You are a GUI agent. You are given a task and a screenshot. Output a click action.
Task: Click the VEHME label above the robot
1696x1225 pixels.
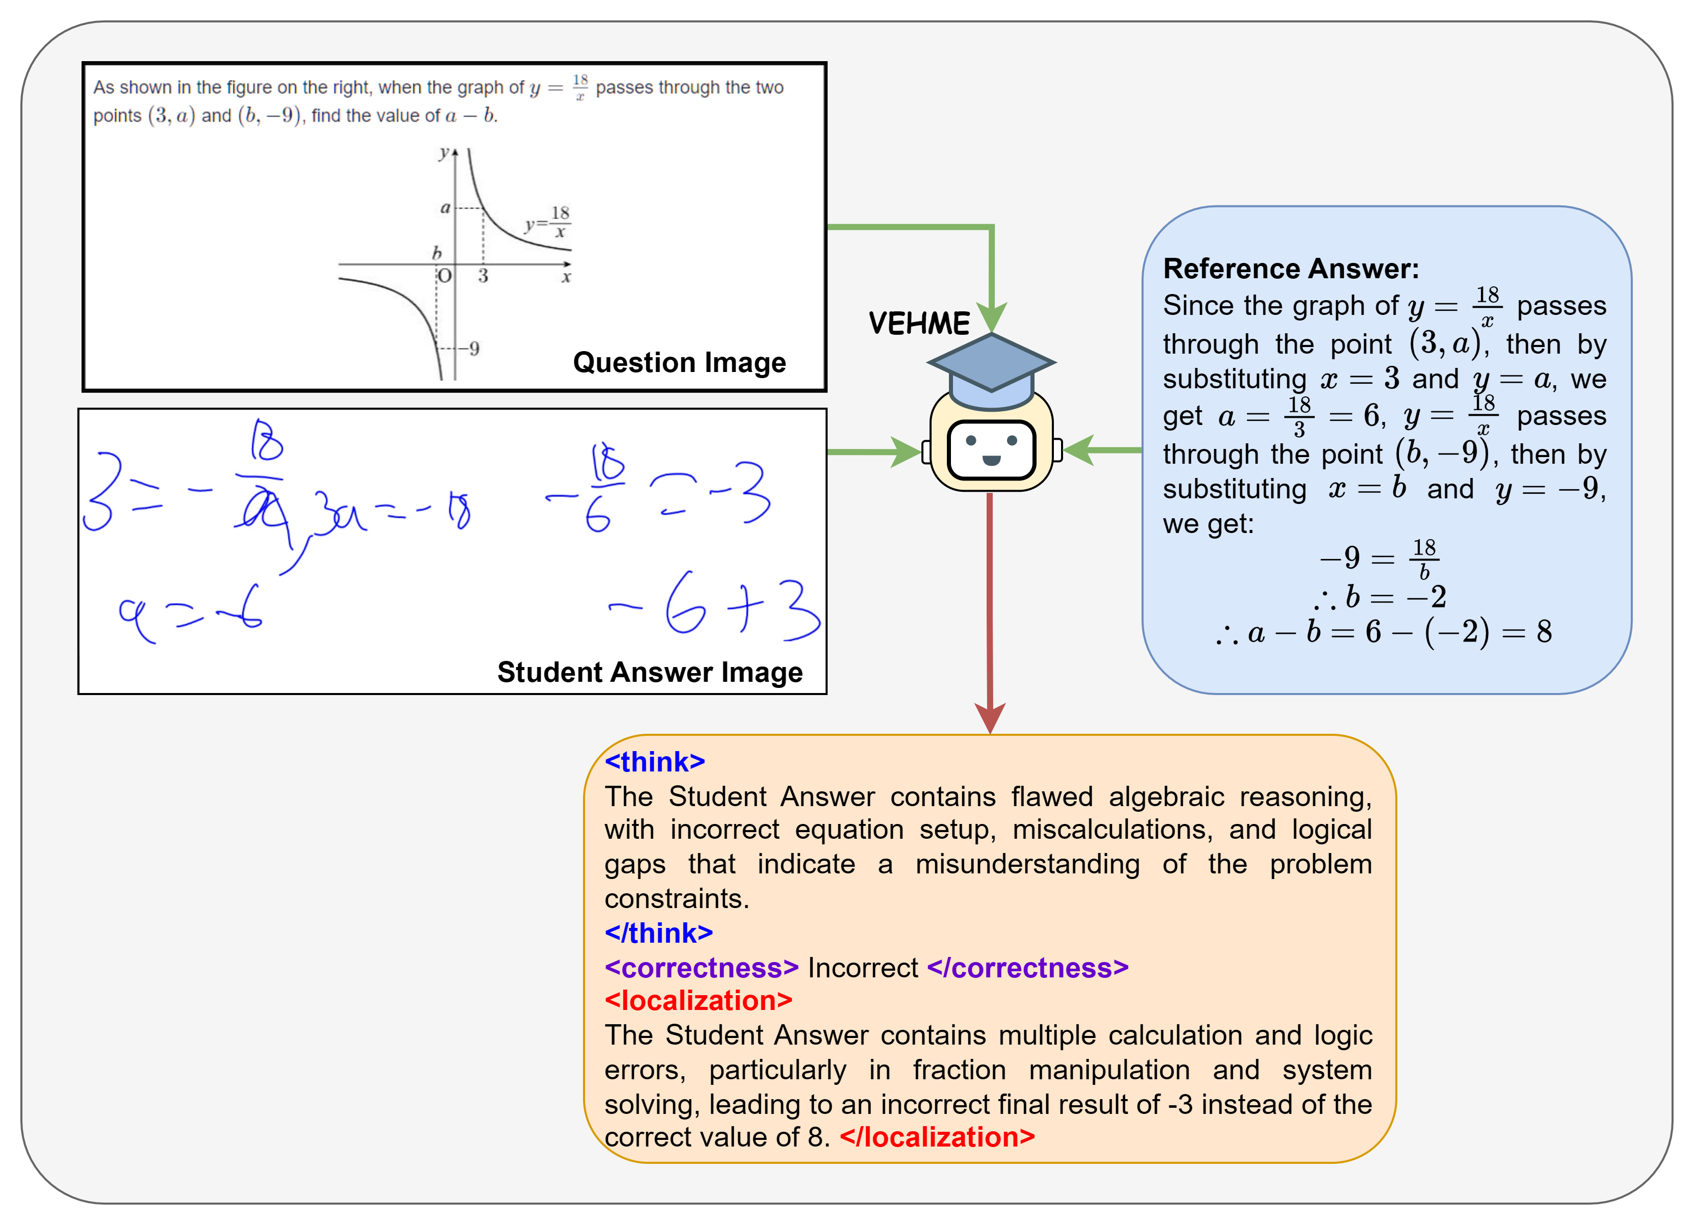[x=918, y=323]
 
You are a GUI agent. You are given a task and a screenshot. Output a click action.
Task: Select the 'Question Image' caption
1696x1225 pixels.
[x=679, y=363]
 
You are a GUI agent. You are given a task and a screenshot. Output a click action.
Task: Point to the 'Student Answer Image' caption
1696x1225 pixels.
[x=649, y=672]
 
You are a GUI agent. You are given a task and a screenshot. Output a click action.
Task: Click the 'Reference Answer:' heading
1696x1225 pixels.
[x=1291, y=269]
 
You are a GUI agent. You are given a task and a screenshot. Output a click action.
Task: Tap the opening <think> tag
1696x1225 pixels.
[x=654, y=761]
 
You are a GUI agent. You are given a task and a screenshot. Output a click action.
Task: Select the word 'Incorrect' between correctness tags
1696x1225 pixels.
[x=862, y=968]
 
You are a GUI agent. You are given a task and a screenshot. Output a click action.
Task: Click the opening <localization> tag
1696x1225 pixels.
[x=698, y=1001]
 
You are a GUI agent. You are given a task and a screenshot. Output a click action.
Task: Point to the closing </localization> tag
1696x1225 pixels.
[x=937, y=1137]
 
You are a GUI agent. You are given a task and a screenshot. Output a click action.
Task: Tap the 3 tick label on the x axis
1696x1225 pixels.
[x=483, y=276]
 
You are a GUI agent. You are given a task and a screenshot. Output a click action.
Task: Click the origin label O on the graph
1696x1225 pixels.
[x=444, y=276]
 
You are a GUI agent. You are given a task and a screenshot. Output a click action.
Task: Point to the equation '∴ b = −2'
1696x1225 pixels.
[x=1380, y=597]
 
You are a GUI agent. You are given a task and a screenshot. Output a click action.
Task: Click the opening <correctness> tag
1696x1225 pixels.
[x=701, y=968]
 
